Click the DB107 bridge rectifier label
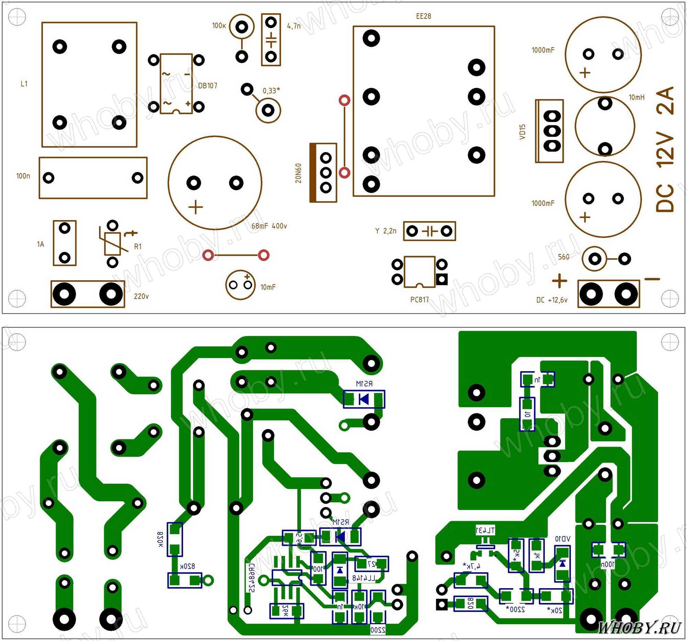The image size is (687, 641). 208,85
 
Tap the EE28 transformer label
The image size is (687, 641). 423,16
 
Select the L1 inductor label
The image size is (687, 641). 24,83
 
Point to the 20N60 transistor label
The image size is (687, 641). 299,173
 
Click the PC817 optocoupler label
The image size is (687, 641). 419,299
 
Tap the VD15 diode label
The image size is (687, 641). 522,131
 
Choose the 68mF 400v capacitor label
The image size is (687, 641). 269,226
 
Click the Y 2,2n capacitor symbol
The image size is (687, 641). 430,231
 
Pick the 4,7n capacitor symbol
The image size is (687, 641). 271,40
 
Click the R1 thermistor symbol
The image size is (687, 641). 112,243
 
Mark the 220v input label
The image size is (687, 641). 141,296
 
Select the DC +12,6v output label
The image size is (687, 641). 552,300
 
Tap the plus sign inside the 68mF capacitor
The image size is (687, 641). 196,207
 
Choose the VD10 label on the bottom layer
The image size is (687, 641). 563,539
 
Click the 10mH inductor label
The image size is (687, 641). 637,98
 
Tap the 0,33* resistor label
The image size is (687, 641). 271,91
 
